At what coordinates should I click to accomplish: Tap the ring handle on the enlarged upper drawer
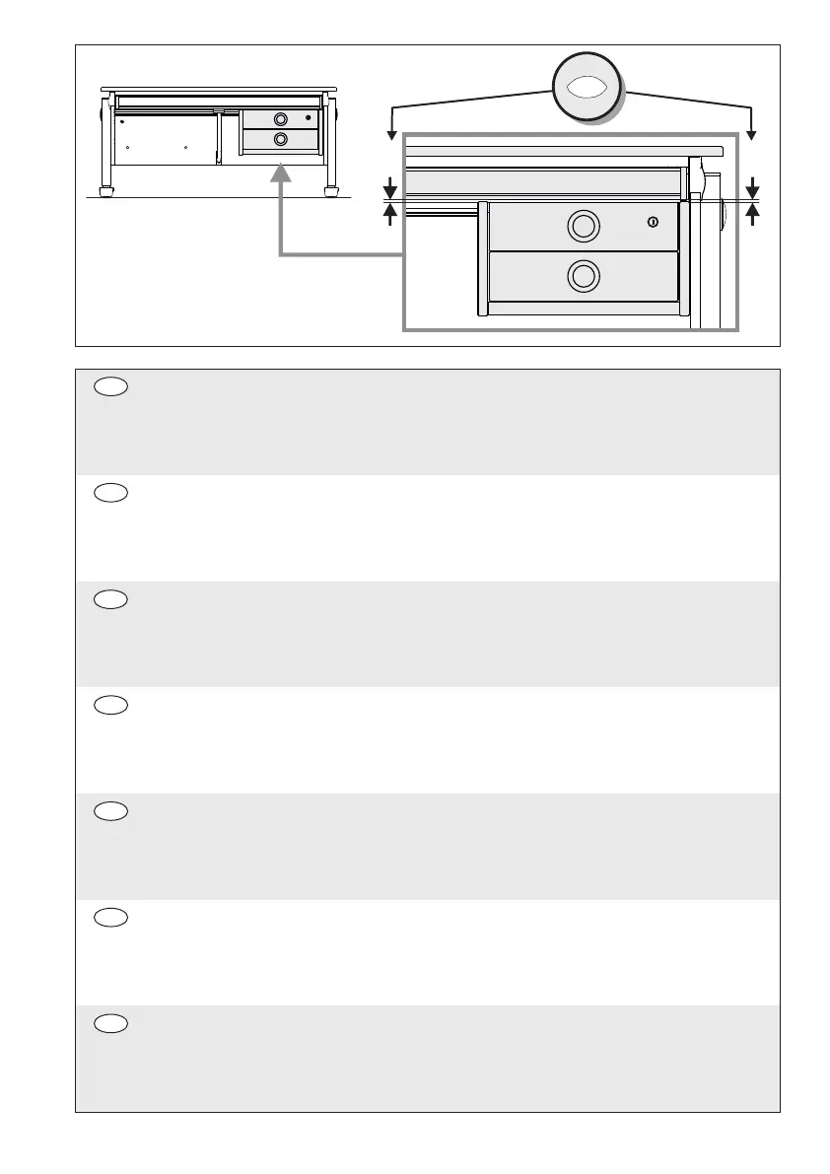click(584, 227)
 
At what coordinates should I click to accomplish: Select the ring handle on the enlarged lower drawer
click(584, 276)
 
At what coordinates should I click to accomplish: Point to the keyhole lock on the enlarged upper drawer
click(653, 223)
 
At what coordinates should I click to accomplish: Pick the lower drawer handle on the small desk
click(280, 139)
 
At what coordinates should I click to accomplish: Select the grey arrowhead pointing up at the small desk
click(281, 173)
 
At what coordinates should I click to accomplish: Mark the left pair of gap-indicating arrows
click(391, 200)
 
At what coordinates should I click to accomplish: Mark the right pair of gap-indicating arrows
click(753, 200)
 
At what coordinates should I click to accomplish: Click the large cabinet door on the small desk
click(166, 139)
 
